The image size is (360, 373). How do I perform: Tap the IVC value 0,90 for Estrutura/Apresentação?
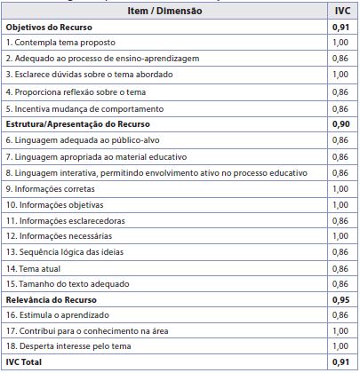[340, 123]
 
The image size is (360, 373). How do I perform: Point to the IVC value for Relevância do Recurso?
[340, 299]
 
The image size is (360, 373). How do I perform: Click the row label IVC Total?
[27, 363]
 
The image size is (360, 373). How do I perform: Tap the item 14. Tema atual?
[36, 267]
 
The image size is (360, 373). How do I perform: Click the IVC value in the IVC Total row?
[340, 363]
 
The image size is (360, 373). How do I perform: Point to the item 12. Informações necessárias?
[59, 235]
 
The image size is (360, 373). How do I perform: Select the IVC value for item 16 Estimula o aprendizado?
[340, 315]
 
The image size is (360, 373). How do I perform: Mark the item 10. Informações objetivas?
[55, 203]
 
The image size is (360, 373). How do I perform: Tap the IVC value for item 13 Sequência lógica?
[340, 251]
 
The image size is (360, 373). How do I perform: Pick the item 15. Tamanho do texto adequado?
[68, 283]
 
